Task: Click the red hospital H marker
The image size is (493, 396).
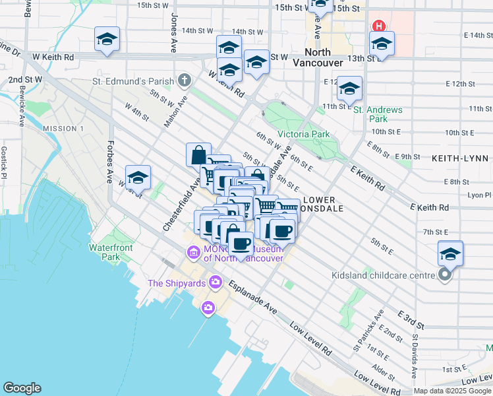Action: click(379, 26)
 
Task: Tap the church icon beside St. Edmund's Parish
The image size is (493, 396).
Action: click(184, 81)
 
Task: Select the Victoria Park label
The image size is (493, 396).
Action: click(303, 134)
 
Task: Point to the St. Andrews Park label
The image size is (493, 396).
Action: click(369, 114)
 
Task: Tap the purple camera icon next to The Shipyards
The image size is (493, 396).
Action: click(215, 283)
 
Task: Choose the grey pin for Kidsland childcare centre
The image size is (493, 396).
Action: click(445, 275)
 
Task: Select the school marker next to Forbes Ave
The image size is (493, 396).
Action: click(138, 178)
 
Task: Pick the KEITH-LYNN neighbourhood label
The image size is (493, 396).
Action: click(459, 159)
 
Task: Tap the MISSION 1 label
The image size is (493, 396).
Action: click(63, 128)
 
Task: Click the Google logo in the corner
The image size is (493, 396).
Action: click(22, 388)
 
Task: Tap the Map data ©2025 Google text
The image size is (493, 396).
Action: click(452, 391)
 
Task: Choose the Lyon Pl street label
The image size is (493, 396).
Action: click(479, 195)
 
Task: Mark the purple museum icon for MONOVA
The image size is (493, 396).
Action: click(193, 252)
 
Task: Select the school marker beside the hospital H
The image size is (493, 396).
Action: click(382, 44)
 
